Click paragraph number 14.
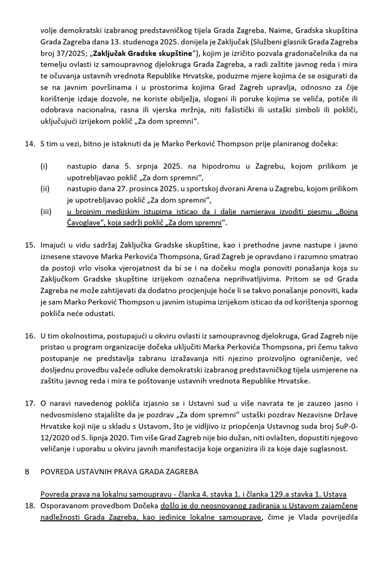click(x=30, y=144)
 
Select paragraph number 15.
click(x=30, y=245)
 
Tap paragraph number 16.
click(x=30, y=336)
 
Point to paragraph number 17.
click(x=30, y=403)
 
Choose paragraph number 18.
click(x=30, y=506)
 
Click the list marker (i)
click(x=44, y=167)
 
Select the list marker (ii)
click(x=45, y=189)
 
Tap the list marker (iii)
click(x=46, y=212)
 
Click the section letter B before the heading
click(x=27, y=472)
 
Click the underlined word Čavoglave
click(x=84, y=223)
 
